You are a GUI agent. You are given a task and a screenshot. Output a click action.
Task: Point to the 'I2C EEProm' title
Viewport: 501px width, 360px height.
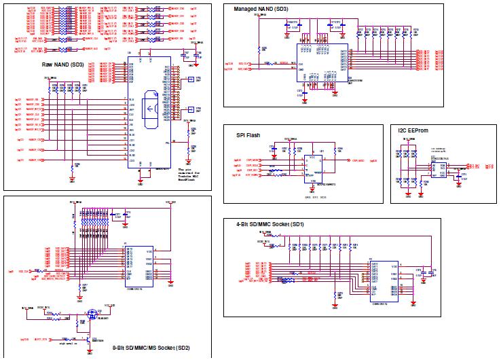coord(417,130)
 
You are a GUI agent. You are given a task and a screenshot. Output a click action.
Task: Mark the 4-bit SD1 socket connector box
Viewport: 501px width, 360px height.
coord(384,278)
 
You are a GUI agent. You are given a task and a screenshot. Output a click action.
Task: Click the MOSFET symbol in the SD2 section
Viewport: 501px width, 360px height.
coord(92,317)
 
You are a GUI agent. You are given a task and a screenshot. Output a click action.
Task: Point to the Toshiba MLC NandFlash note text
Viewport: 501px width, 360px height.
coord(191,173)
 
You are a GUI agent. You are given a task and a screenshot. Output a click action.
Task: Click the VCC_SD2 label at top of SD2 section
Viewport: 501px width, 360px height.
coord(172,202)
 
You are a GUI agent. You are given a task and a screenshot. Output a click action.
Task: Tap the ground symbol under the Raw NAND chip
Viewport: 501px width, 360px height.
coord(141,181)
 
